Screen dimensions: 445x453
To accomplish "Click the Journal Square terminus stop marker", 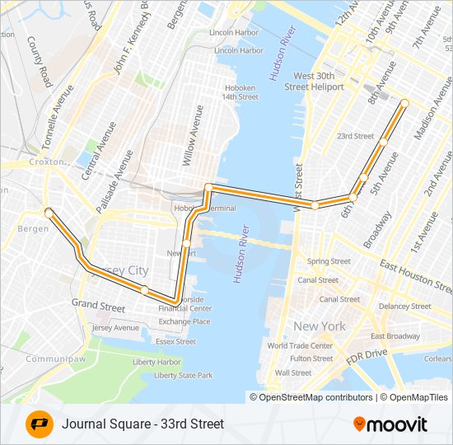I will (49, 213).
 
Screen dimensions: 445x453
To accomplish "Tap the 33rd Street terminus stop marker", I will (404, 103).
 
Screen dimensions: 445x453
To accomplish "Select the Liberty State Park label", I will (184, 375).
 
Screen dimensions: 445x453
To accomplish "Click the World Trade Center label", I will (300, 346).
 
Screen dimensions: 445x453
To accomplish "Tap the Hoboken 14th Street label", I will (240, 91).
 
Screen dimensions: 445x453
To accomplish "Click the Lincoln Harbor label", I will (234, 33).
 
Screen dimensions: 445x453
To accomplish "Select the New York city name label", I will (320, 326).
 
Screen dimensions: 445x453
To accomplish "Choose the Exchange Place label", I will (184, 321).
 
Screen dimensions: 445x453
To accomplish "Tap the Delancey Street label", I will (404, 307).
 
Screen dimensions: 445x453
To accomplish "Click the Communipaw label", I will (51, 358).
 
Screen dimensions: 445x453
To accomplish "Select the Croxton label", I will (45, 162).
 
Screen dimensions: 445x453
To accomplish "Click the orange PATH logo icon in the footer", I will (39, 424).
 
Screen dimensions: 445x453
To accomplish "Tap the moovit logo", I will (390, 424).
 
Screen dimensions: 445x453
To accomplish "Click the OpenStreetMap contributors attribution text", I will (311, 397).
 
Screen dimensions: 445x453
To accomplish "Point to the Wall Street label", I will (293, 372).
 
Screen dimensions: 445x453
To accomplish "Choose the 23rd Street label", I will (356, 136).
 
